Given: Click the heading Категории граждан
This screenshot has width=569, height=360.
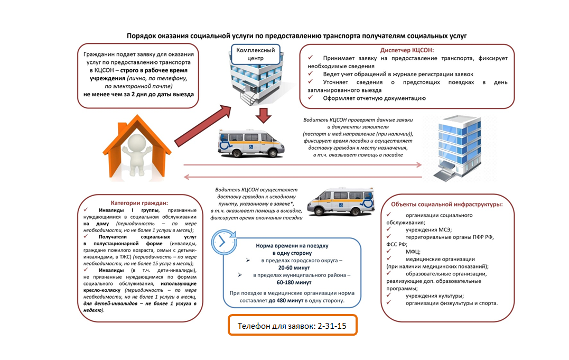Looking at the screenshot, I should click(x=139, y=203).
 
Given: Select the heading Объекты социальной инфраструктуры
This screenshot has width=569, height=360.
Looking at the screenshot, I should click(x=446, y=204).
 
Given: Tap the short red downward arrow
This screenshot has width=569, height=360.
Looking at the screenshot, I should click(x=263, y=115).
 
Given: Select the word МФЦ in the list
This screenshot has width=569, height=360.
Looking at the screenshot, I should click(x=413, y=252).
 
